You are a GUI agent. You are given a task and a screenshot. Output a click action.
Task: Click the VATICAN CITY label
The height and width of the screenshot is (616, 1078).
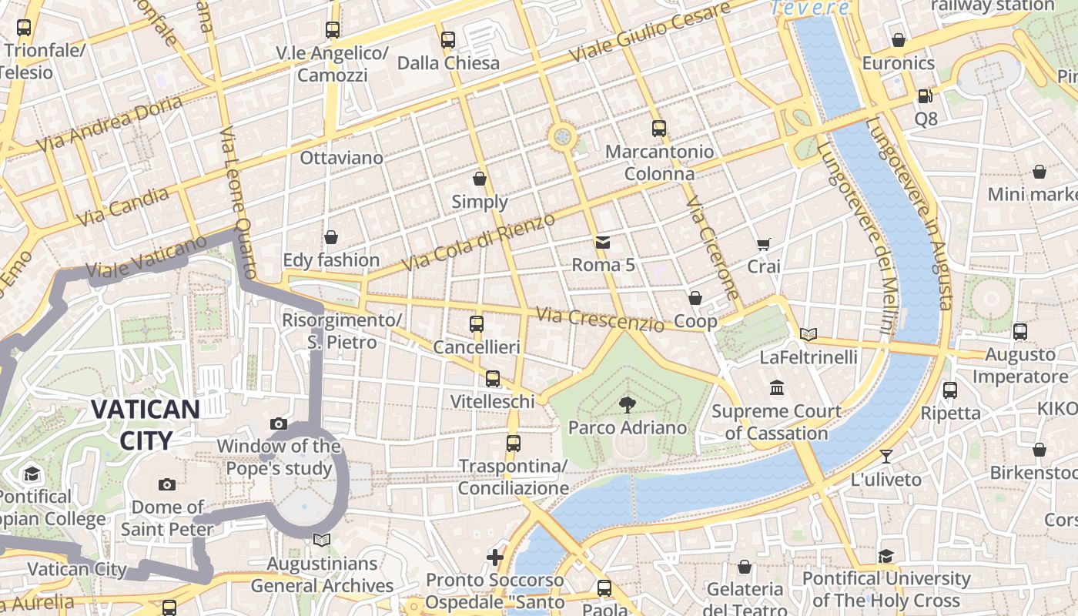[x=146, y=424]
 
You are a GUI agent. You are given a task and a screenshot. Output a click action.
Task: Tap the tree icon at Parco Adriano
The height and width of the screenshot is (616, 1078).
[x=628, y=404]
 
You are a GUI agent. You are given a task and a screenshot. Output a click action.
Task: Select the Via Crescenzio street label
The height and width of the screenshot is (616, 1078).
[x=600, y=319]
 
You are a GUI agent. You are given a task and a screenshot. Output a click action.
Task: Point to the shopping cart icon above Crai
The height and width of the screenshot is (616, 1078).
[x=763, y=244]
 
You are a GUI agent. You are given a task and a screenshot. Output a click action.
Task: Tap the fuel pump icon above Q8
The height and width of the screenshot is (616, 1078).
[x=925, y=96]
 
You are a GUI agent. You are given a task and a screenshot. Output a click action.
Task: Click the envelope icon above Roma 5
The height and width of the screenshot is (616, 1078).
[x=602, y=243]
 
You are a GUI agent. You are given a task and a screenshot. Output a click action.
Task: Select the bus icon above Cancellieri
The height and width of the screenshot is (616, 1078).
[x=477, y=324]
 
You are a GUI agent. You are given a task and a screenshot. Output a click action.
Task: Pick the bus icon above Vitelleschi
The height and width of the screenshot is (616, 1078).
[x=493, y=379]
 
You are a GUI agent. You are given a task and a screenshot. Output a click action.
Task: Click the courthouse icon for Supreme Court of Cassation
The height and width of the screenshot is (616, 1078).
[x=776, y=388]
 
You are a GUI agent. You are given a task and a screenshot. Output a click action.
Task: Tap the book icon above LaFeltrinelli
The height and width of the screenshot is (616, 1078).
[x=808, y=334]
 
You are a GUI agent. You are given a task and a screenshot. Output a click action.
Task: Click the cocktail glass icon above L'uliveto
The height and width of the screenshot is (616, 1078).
[x=885, y=457]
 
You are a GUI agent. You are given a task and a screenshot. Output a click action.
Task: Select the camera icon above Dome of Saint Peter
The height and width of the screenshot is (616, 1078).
[x=166, y=484]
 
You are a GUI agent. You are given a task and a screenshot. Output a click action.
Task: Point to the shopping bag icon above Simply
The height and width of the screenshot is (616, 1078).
[x=480, y=179]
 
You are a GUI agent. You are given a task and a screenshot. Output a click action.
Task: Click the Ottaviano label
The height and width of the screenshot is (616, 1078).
[x=341, y=158]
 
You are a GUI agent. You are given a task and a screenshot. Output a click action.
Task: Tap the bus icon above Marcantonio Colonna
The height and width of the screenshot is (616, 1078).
[x=658, y=129]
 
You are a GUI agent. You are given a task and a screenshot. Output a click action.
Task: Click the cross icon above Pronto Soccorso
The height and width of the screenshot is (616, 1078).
[x=495, y=557]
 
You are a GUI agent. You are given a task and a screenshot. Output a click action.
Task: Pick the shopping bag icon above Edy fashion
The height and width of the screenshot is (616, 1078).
[x=330, y=237]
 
